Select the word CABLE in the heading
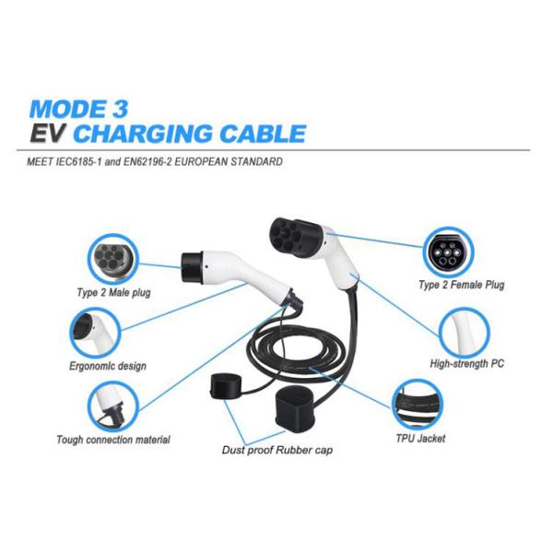click(x=261, y=133)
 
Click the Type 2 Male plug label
click(x=113, y=293)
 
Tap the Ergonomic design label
click(x=108, y=366)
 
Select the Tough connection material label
click(x=113, y=440)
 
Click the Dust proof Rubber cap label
click(x=276, y=451)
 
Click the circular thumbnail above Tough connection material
click(x=109, y=404)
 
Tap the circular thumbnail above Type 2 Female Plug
click(x=449, y=251)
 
